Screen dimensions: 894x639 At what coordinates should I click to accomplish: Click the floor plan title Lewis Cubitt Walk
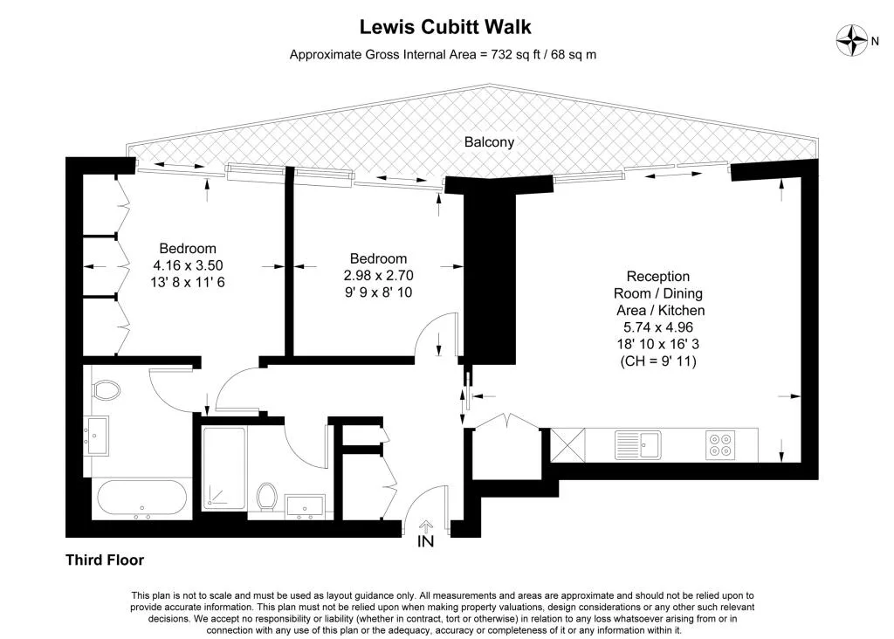point(445,27)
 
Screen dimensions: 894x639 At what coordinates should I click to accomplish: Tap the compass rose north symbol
point(851,41)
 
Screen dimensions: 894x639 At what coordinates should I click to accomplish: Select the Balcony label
point(489,142)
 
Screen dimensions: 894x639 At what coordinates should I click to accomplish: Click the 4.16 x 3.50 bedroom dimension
point(188,265)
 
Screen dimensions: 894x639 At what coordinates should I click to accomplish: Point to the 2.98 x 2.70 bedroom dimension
point(378,275)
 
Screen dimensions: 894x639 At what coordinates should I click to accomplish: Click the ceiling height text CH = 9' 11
point(658,361)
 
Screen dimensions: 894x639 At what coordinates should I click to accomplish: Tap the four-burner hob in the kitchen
point(720,444)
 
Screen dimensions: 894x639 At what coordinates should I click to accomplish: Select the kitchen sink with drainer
point(638,444)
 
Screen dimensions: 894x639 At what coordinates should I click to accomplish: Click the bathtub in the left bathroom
point(141,498)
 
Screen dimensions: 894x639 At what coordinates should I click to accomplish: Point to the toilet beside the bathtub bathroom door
point(106,390)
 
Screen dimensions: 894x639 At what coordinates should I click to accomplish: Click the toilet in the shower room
point(266,497)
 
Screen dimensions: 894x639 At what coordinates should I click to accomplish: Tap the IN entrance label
point(426,541)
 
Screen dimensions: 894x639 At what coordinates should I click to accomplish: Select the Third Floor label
point(105,560)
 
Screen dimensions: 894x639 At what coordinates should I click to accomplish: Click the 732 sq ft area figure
point(515,55)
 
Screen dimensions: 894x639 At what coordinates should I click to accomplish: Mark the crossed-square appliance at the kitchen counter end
point(567,444)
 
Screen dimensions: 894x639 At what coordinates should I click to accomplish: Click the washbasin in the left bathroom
point(96,436)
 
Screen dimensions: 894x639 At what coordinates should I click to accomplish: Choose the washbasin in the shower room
point(305,507)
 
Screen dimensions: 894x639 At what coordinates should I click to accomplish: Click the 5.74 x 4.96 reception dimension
point(658,327)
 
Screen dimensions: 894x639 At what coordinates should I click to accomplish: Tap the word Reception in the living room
point(658,277)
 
